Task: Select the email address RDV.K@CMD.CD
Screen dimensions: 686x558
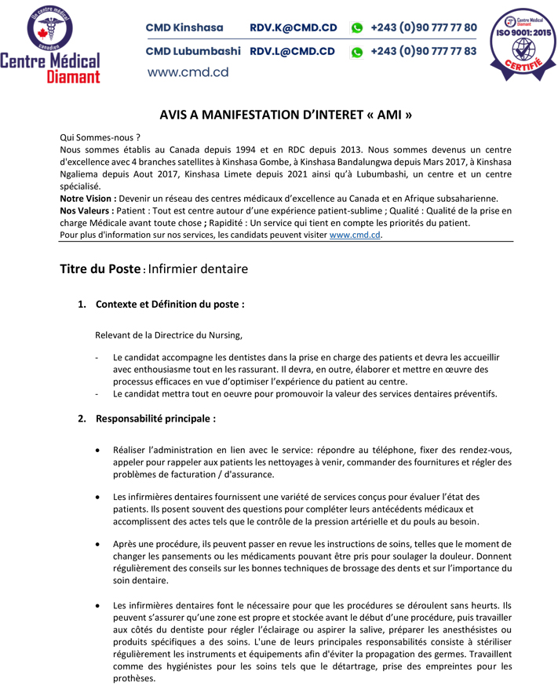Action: click(293, 28)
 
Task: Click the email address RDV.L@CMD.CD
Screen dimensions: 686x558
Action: click(292, 52)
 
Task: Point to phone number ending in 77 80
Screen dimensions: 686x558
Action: click(423, 28)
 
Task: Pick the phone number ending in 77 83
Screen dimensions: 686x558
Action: click(423, 52)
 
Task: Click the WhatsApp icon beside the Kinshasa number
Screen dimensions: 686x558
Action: click(357, 28)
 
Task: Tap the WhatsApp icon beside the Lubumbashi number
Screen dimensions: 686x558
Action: click(357, 53)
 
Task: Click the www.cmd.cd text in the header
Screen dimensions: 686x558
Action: click(188, 72)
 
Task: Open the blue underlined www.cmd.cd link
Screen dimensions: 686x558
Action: click(355, 235)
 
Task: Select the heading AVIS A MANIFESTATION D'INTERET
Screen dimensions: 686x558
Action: click(286, 115)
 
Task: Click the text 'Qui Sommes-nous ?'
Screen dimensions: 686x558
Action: click(100, 137)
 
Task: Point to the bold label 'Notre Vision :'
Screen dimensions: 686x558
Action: click(88, 199)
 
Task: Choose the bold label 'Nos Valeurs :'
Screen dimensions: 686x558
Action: click(86, 211)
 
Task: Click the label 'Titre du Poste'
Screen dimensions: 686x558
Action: click(101, 269)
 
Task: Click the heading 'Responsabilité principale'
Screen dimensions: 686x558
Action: click(155, 418)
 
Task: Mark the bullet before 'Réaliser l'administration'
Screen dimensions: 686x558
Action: click(97, 451)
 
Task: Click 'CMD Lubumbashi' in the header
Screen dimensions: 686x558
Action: click(193, 52)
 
